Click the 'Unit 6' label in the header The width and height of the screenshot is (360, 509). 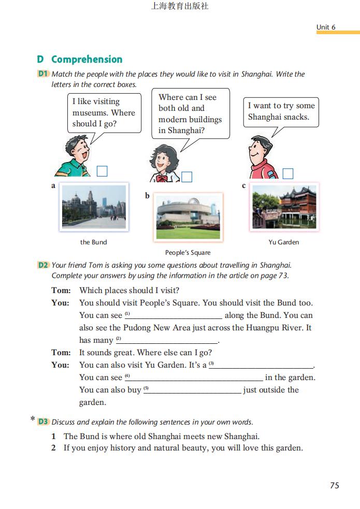pyautogui.click(x=326, y=27)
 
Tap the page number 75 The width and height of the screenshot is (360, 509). pyautogui.click(x=334, y=485)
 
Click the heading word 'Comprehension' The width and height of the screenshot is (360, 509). pyautogui.click(x=87, y=60)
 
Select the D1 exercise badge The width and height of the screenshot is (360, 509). pyautogui.click(x=43, y=74)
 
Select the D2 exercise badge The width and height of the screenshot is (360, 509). pyautogui.click(x=43, y=265)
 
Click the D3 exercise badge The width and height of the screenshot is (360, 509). pyautogui.click(x=43, y=421)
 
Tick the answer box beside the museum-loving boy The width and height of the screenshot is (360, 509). pyautogui.click(x=102, y=171)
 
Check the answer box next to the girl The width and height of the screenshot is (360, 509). pyautogui.click(x=186, y=177)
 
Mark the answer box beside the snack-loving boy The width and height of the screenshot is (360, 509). pyautogui.click(x=287, y=174)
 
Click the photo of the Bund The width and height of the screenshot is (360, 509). pyautogui.click(x=93, y=208)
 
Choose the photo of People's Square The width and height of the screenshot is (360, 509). pyautogui.click(x=189, y=217)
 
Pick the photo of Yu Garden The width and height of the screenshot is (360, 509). pyautogui.click(x=284, y=207)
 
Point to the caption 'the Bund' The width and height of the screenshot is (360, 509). pyautogui.click(x=93, y=242)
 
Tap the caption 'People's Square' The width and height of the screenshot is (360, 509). pyautogui.click(x=188, y=253)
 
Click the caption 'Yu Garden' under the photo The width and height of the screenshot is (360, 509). pyautogui.click(x=283, y=242)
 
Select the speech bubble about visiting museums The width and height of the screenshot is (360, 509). pyautogui.click(x=104, y=112)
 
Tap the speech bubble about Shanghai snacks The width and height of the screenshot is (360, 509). pyautogui.click(x=281, y=111)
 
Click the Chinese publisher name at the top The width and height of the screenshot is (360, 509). pyautogui.click(x=179, y=7)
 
